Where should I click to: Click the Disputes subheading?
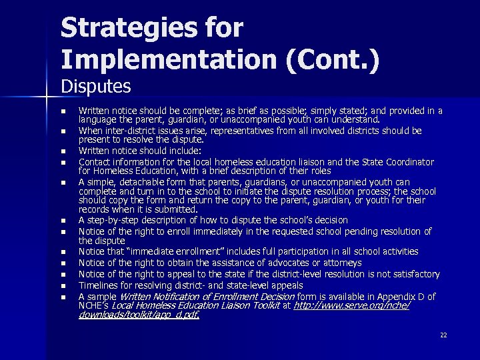coord(96,87)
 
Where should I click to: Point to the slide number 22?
coord(443,335)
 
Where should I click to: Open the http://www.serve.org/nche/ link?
coord(351,305)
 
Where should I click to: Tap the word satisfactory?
coord(413,274)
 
